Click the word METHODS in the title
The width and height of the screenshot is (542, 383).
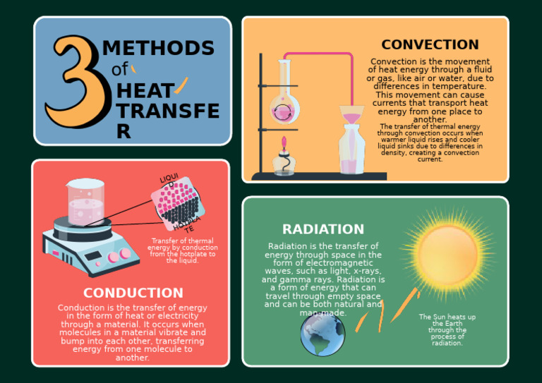tap(158, 48)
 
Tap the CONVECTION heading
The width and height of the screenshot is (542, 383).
tap(430, 45)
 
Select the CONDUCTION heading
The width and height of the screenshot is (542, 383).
tap(133, 293)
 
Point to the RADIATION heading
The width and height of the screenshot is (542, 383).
tap(323, 229)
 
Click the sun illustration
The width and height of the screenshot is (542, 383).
tap(447, 253)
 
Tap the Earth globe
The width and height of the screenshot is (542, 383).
tap(323, 334)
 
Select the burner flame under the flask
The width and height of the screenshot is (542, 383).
tap(284, 145)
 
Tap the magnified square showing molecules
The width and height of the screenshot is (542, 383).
tap(178, 204)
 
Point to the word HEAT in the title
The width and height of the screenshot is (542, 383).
tap(145, 91)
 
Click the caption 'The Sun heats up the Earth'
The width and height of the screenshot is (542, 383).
tap(447, 330)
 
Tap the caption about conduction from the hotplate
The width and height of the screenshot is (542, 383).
tap(182, 250)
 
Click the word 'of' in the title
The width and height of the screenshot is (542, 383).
tap(120, 69)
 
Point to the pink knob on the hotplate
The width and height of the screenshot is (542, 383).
tap(125, 254)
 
